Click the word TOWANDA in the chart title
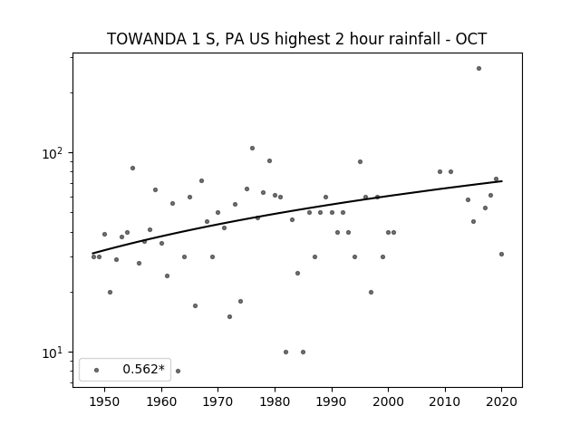click(147, 39)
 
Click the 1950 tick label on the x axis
click(104, 401)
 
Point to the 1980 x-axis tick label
click(275, 401)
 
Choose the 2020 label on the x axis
click(501, 401)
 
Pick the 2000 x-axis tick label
click(388, 401)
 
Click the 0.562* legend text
click(143, 369)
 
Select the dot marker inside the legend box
click(96, 370)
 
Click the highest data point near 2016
click(478, 69)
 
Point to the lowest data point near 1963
click(178, 371)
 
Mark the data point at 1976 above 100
click(252, 149)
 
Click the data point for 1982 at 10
click(285, 353)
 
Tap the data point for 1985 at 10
click(303, 353)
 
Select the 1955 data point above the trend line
click(132, 169)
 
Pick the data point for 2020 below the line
click(501, 255)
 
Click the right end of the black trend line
click(502, 181)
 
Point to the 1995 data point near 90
click(360, 162)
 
